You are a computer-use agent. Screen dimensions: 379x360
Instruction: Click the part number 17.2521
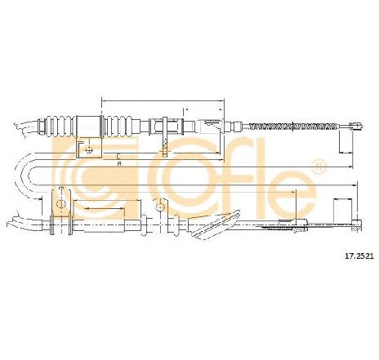[x=359, y=256]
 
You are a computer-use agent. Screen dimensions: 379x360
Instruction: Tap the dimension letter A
[x=118, y=163]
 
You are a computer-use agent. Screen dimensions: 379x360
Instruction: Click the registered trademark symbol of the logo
[x=319, y=166]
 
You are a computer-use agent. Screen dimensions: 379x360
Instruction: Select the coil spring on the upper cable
[x=293, y=126]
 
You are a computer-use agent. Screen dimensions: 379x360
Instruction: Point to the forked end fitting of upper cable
[x=356, y=126]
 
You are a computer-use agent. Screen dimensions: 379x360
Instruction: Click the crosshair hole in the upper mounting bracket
[x=89, y=149]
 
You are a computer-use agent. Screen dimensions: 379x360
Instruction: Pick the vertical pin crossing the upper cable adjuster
[x=164, y=137]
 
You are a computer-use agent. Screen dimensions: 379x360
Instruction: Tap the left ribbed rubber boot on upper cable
[x=61, y=127]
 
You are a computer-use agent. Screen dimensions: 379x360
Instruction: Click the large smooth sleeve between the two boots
[x=89, y=127]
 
